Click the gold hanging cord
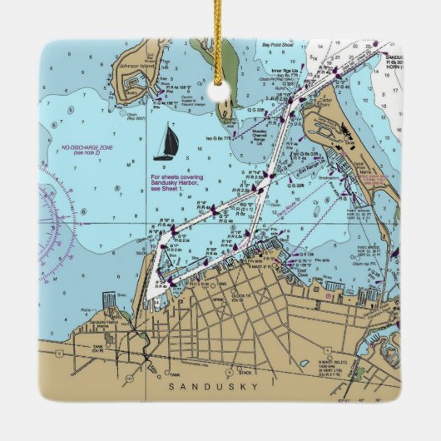pos(220,42)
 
